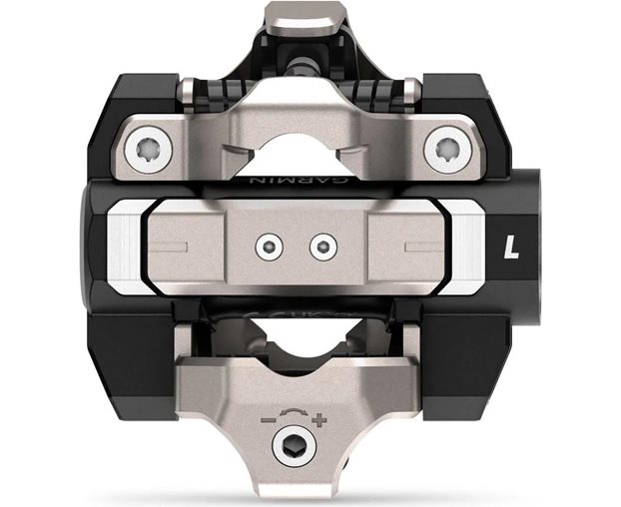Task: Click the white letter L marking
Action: [511, 248]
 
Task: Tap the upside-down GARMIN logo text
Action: [300, 181]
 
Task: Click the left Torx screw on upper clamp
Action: [148, 150]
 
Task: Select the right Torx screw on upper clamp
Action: [447, 150]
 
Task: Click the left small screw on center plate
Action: [270, 248]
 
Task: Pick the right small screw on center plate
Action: [323, 248]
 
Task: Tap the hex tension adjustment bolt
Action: [295, 446]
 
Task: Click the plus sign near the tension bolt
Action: [319, 420]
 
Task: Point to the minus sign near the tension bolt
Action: [269, 419]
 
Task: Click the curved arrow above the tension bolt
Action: [294, 411]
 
